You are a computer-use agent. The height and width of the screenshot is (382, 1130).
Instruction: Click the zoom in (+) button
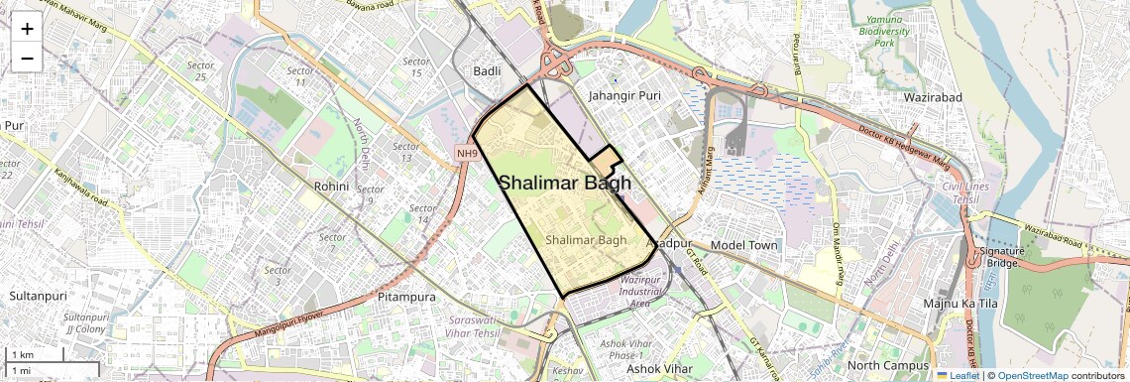27,29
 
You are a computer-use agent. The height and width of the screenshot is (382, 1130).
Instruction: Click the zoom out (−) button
27,58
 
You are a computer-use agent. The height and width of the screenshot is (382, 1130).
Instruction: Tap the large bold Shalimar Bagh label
565,183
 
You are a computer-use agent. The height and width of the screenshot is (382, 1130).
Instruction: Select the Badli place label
487,71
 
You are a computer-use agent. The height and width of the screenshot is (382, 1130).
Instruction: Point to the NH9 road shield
467,153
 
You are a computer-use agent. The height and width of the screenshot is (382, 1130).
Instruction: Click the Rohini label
331,186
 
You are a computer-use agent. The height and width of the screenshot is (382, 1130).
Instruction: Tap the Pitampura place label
407,297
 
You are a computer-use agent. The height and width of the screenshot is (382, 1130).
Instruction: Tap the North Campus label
891,365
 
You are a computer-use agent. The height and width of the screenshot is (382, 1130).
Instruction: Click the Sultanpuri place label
37,296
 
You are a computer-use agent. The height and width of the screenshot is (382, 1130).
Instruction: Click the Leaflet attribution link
958,375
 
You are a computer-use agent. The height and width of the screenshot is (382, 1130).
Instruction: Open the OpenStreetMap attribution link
1033,375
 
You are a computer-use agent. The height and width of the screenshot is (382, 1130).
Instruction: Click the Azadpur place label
668,243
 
